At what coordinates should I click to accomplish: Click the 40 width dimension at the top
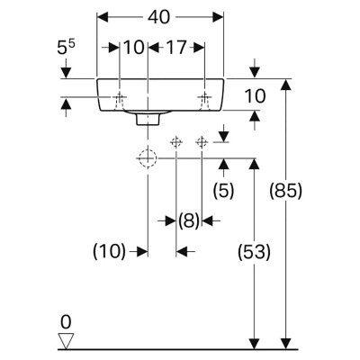click(158, 17)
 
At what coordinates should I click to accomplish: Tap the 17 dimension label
click(176, 48)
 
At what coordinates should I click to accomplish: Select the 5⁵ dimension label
click(66, 48)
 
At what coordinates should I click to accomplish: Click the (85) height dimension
click(285, 191)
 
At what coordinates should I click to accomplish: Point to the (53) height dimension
click(254, 251)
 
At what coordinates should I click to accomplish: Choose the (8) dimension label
click(189, 221)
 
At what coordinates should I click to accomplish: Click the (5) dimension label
click(223, 191)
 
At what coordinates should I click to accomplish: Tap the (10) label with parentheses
click(109, 251)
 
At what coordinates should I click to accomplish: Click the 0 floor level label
click(66, 322)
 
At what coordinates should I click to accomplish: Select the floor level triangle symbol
click(66, 341)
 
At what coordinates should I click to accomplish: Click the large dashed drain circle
click(148, 157)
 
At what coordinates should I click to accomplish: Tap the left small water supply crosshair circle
click(176, 142)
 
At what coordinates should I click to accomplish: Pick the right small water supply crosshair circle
click(202, 142)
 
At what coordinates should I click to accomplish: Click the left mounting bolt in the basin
click(120, 101)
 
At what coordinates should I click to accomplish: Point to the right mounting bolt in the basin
click(204, 101)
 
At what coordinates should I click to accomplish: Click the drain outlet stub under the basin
click(148, 119)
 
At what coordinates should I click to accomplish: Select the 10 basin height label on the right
click(256, 96)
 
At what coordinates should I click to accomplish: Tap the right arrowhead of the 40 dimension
click(218, 17)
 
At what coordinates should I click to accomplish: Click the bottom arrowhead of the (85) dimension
click(285, 344)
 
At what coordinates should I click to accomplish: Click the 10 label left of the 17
click(134, 48)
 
